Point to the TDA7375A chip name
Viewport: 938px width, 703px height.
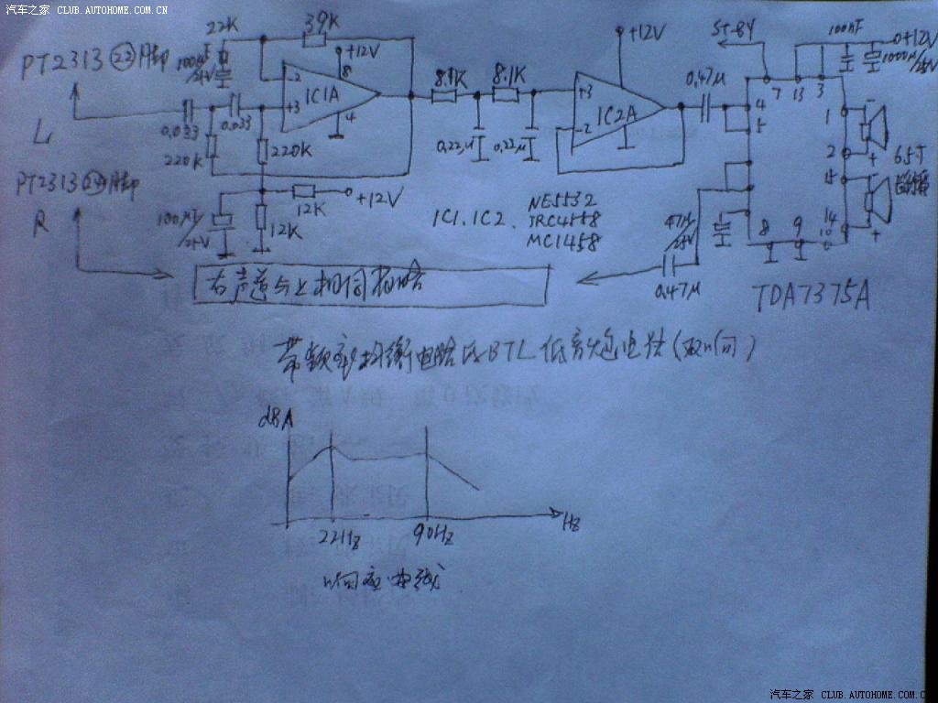click(x=810, y=297)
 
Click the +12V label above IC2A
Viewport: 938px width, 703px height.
click(x=648, y=33)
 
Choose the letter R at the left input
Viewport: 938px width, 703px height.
click(x=40, y=224)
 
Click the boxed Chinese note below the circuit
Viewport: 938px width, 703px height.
click(x=371, y=286)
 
